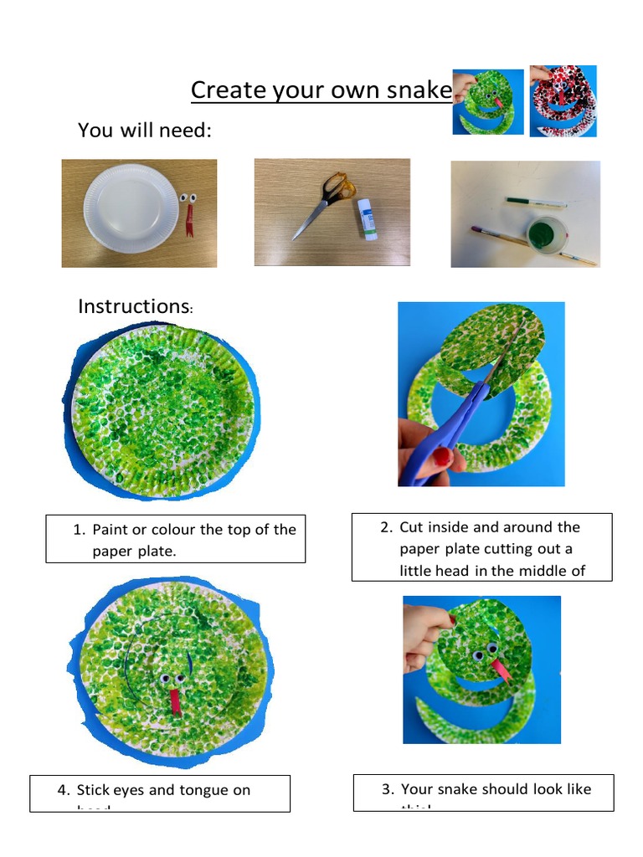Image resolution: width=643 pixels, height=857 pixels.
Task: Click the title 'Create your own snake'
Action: tap(321, 90)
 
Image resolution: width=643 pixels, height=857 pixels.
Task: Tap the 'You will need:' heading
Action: tap(144, 131)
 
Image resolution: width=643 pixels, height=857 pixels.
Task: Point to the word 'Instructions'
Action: tap(132, 306)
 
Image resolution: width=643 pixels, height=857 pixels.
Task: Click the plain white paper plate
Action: tap(131, 207)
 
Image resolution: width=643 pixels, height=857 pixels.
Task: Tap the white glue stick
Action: tap(367, 219)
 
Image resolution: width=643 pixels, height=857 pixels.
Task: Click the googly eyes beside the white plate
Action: tap(188, 198)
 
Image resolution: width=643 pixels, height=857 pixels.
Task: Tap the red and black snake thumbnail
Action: tap(563, 100)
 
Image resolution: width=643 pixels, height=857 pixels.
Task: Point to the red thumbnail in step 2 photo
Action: tap(442, 457)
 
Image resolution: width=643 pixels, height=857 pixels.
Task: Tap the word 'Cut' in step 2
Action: tap(410, 527)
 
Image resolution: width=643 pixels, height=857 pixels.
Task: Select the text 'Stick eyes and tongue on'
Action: tap(163, 790)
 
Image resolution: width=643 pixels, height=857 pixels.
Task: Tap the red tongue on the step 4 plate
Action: tap(175, 700)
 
